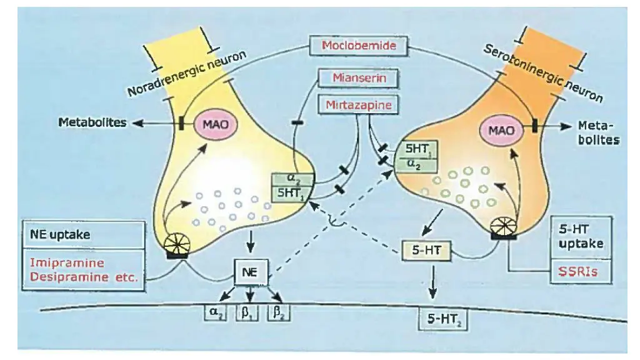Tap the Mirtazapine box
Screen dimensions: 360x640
point(358,105)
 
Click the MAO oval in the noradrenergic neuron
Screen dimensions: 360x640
point(214,124)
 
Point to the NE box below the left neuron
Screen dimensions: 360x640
point(249,272)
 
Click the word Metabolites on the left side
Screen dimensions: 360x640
point(91,122)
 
